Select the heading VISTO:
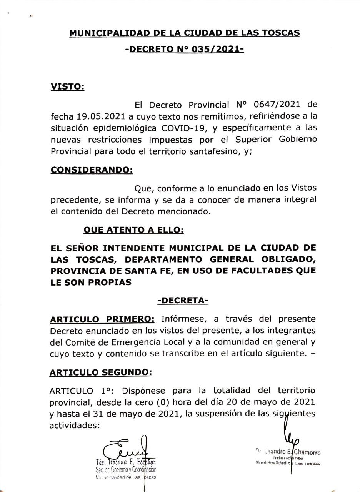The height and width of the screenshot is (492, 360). (x=68, y=87)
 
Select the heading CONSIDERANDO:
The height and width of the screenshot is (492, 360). (x=92, y=170)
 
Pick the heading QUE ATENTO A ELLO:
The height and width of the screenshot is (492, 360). (x=133, y=230)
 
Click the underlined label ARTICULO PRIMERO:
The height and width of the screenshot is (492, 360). (x=102, y=319)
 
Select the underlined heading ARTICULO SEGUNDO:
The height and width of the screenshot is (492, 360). (x=101, y=372)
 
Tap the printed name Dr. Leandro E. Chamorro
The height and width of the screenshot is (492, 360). (x=287, y=452)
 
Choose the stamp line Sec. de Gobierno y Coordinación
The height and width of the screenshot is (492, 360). (x=126, y=470)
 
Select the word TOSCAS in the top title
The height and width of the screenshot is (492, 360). (x=280, y=33)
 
